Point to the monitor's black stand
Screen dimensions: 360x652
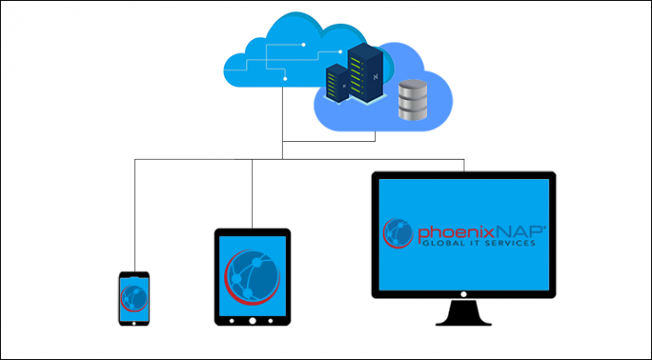click(464, 314)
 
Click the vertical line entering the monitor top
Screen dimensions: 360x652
click(464, 165)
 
